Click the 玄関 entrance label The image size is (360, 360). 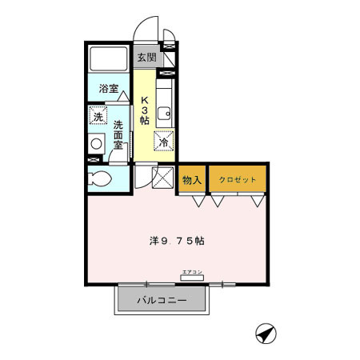pos(146,58)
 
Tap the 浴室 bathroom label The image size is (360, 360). pos(109,88)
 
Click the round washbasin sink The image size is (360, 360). pos(97,145)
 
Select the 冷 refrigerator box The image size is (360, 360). pos(163,141)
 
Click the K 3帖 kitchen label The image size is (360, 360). pos(145,110)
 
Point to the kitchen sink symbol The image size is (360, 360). pos(164,110)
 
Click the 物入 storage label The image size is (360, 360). pos(192,180)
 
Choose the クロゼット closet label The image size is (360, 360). pos(238,180)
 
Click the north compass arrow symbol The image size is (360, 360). pos(265,333)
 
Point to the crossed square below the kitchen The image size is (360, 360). pos(162,178)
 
